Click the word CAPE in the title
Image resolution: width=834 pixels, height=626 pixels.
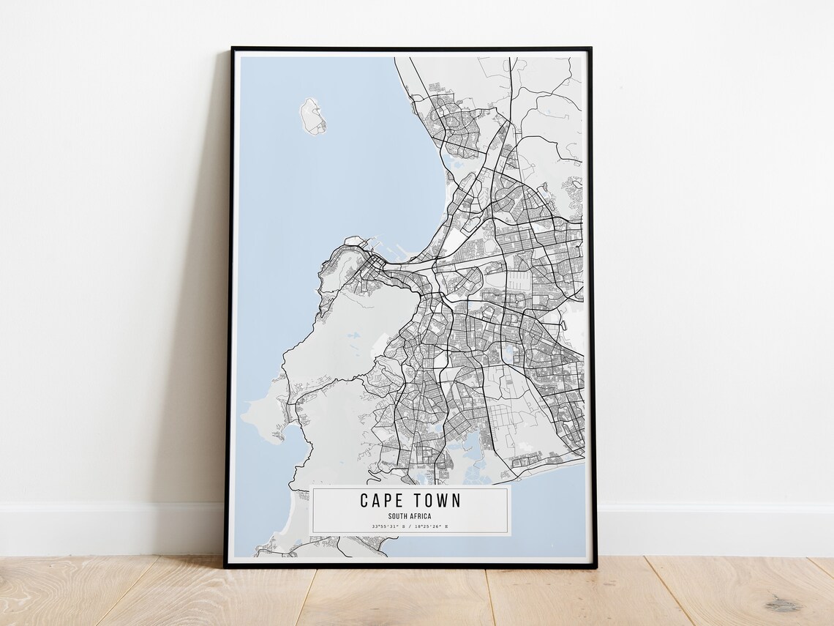coord(383,501)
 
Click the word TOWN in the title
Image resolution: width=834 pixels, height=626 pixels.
coord(437,501)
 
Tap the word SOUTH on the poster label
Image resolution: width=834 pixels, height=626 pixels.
coord(399,516)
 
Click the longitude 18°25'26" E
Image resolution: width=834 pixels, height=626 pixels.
coord(432,526)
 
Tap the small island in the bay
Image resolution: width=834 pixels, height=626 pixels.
coord(313,116)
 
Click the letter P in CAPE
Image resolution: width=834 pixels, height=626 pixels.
coord(388,501)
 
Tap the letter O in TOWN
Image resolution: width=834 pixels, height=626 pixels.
coord(429,501)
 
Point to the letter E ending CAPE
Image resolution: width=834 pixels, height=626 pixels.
coord(399,501)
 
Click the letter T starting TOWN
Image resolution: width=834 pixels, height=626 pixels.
coord(417,501)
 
